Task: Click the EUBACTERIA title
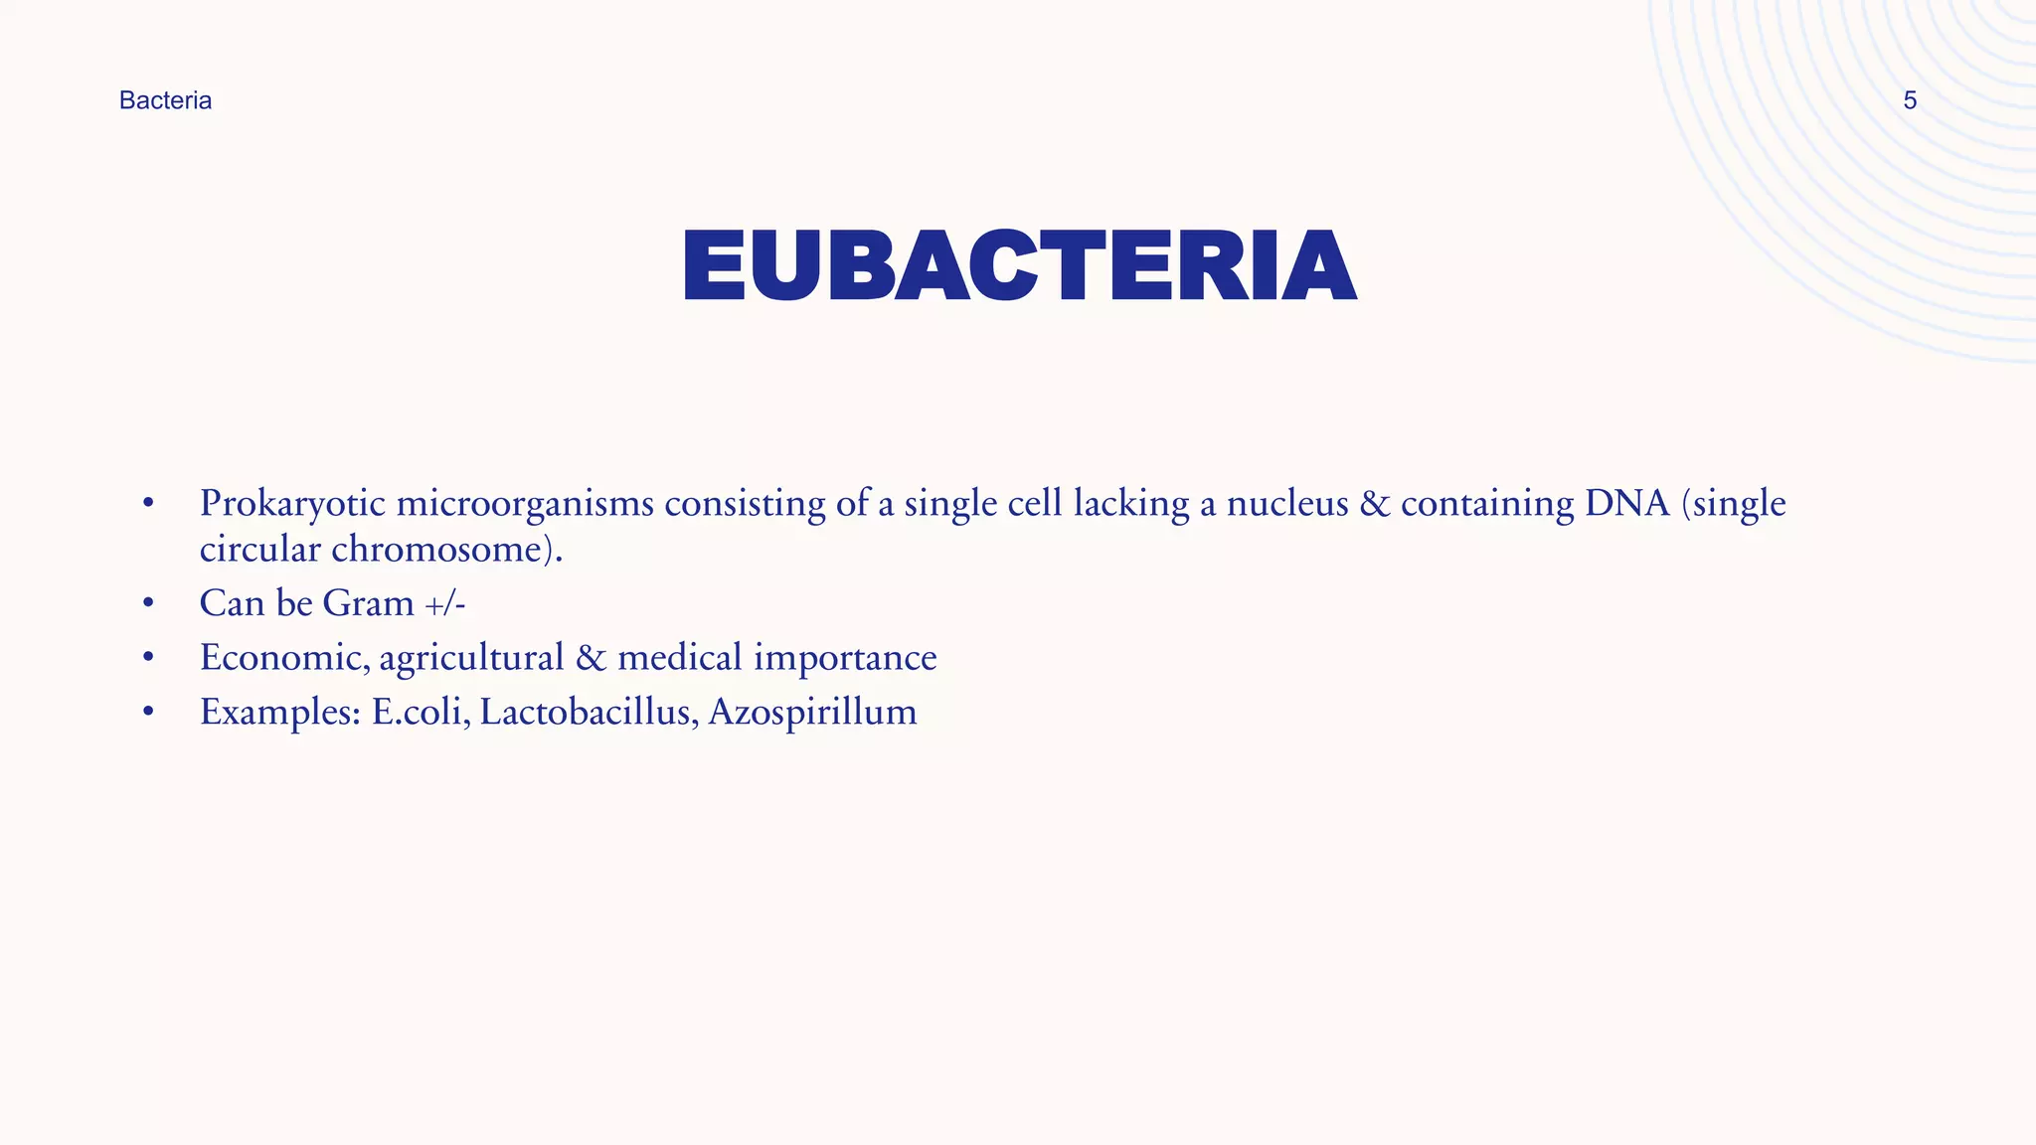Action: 1019,265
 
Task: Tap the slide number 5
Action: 1909,100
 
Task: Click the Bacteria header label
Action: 165,100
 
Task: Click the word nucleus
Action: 1286,504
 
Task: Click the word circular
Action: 259,550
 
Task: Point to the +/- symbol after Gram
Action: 445,603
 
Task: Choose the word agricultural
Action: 471,658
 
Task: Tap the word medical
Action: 680,658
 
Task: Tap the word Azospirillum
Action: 812,713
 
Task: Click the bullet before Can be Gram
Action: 148,603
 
